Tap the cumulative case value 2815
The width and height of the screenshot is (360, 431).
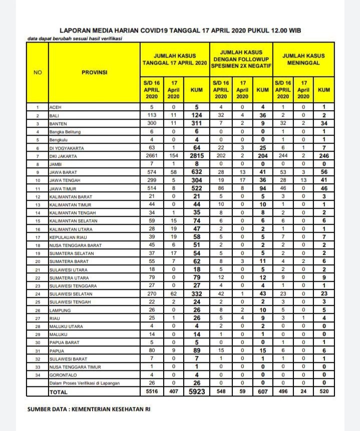tap(197, 156)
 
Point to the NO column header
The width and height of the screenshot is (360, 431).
tap(38, 72)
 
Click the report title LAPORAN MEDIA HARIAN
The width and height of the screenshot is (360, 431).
tap(180, 30)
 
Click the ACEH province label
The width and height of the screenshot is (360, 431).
tap(55, 107)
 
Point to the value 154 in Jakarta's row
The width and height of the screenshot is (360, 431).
tap(173, 156)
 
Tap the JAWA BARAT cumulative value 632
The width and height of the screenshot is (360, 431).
tap(197, 172)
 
